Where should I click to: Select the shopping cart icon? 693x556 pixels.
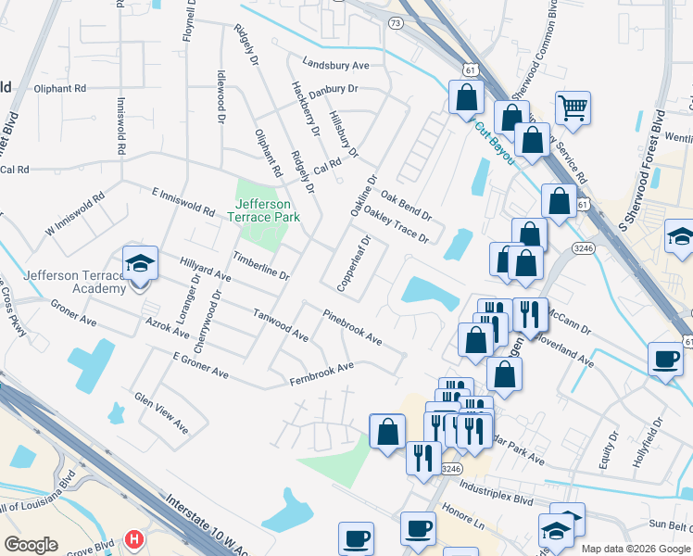pos(573,107)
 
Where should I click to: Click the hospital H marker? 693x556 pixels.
pos(135,538)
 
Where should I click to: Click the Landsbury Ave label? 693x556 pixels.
pos(335,66)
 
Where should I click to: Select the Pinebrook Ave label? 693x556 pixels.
pos(352,328)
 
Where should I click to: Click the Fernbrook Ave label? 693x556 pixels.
pos(321,374)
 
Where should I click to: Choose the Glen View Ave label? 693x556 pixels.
pos(161,412)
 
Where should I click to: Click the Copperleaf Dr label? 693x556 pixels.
pos(353,264)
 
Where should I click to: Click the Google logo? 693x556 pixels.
pos(31,545)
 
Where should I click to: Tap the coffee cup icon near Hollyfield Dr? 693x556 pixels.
pos(664,358)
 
